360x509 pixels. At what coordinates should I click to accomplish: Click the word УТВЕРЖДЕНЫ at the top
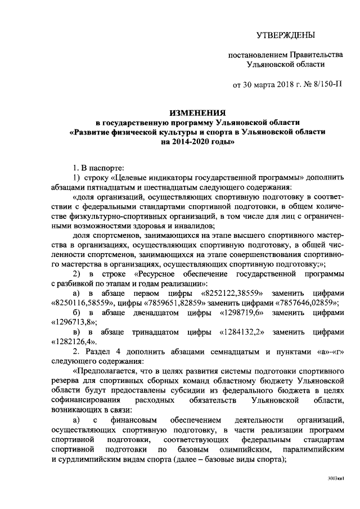[x=285, y=35]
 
